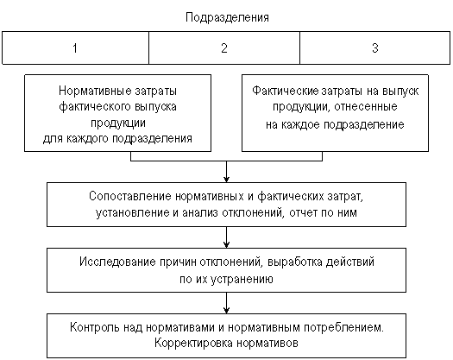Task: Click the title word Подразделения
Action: click(x=227, y=17)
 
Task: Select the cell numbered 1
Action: click(x=75, y=47)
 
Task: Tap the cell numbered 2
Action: click(x=224, y=47)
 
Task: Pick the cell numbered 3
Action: click(x=375, y=47)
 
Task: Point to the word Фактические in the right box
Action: click(x=285, y=91)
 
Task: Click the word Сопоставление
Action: click(x=130, y=196)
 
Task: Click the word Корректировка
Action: click(x=193, y=344)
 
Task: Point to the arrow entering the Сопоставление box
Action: click(x=226, y=172)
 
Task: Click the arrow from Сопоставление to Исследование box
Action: click(x=226, y=237)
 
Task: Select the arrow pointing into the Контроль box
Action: click(x=226, y=303)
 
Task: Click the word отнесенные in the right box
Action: click(x=366, y=107)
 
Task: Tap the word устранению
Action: click(x=242, y=280)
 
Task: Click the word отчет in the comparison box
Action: click(x=303, y=212)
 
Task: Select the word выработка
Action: click(x=295, y=262)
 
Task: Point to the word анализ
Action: click(x=200, y=212)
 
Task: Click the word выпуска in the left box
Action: click(x=155, y=107)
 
